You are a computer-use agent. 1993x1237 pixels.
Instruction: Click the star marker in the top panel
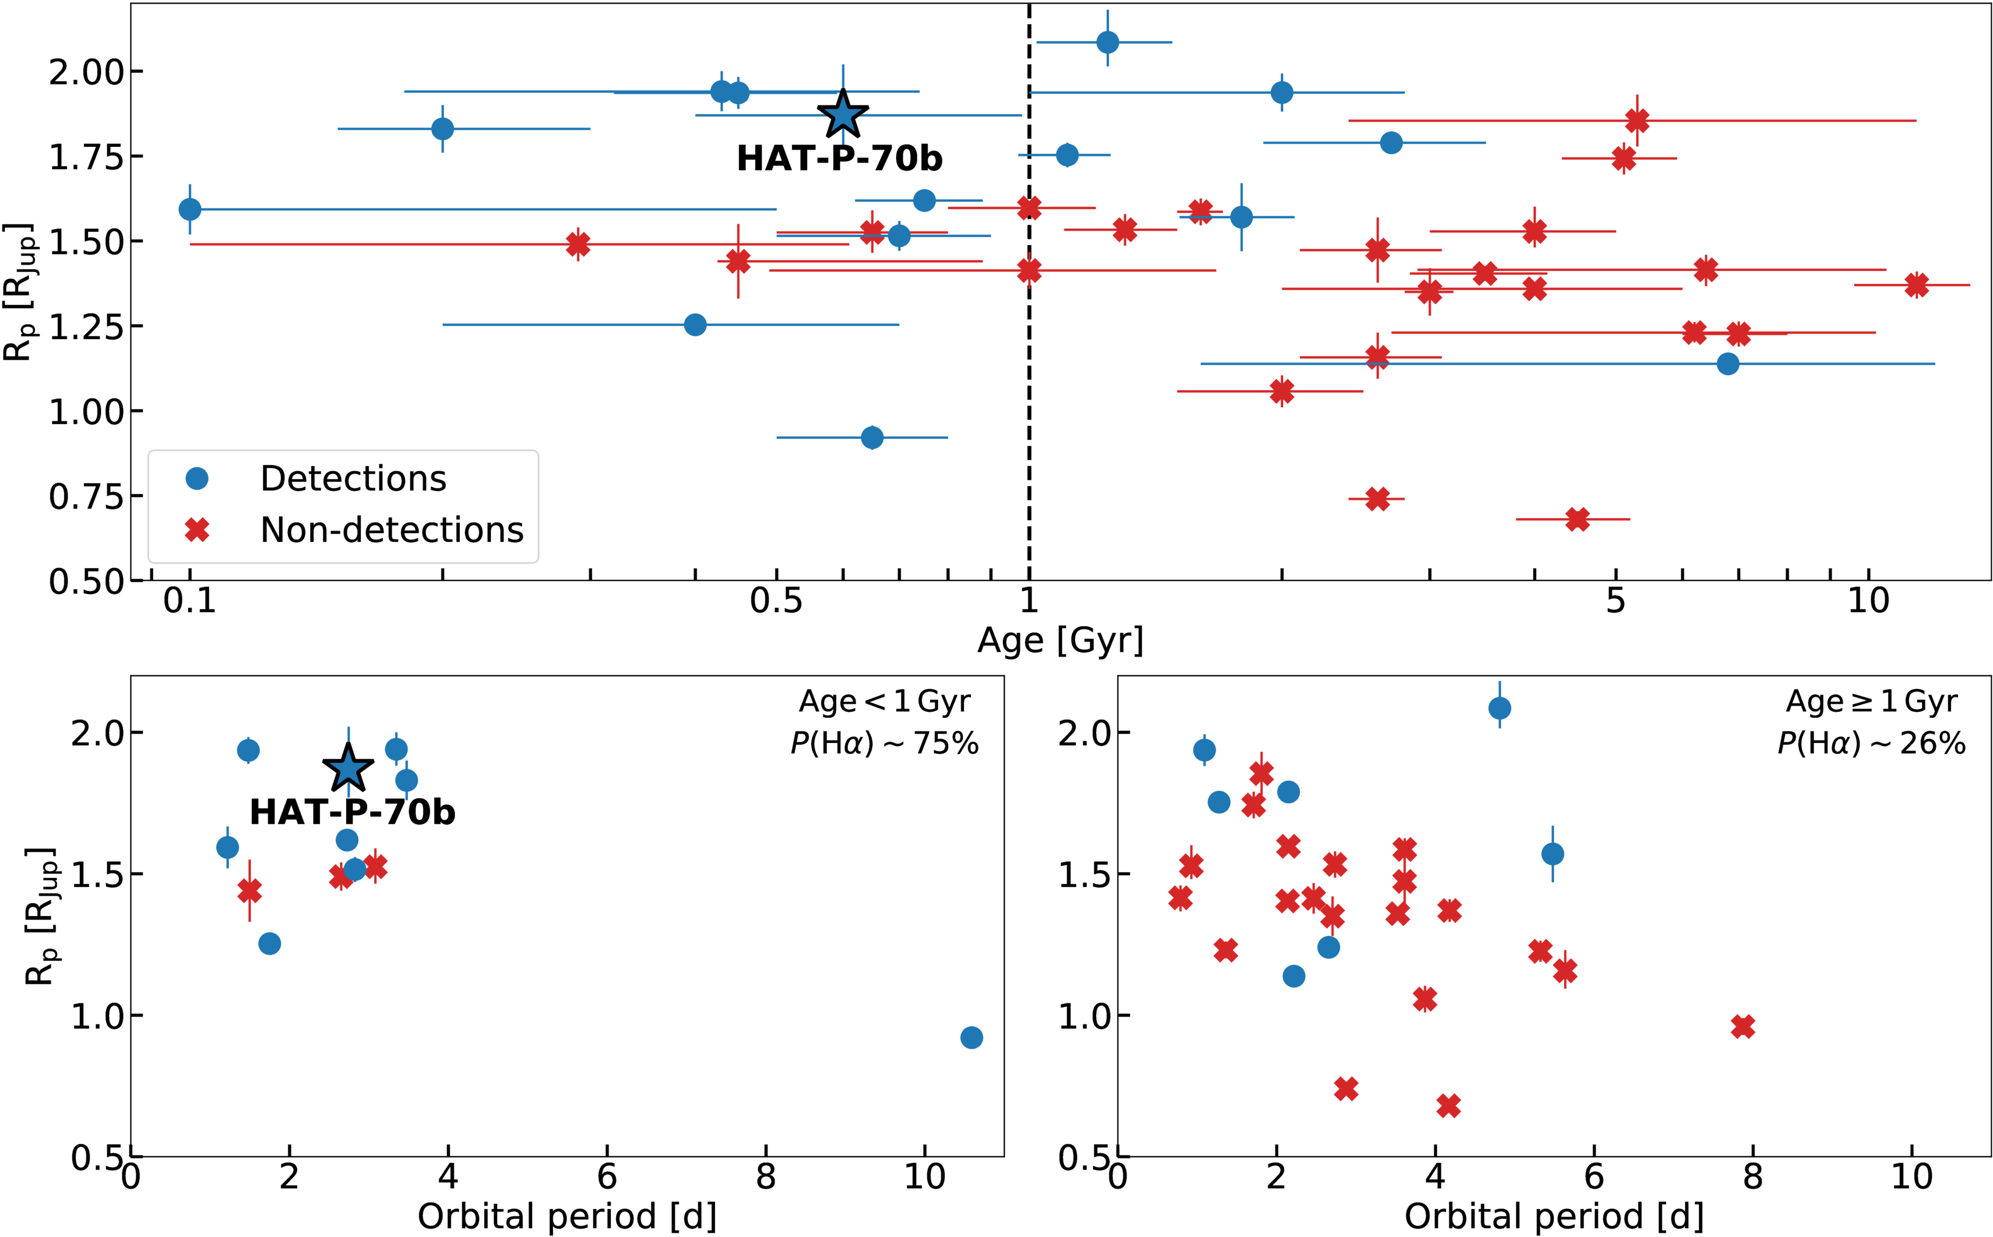(x=843, y=115)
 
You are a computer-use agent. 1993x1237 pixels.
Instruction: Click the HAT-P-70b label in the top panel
(x=839, y=158)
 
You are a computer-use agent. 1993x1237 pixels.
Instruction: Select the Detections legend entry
(x=353, y=478)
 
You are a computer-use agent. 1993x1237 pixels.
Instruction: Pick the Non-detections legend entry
(x=391, y=530)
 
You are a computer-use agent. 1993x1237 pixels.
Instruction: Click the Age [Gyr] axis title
(x=1061, y=640)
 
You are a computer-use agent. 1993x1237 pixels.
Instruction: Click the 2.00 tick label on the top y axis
(x=85, y=73)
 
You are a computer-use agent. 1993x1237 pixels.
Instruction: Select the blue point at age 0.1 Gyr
(x=190, y=209)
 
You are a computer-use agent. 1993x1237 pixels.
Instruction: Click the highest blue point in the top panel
(x=1107, y=42)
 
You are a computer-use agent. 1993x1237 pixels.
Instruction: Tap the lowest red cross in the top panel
(x=1578, y=519)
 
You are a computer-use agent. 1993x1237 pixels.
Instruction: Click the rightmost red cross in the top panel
(x=1916, y=285)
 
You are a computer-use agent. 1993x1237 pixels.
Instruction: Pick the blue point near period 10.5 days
(x=971, y=1037)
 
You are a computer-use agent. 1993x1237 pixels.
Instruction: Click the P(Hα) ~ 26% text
(x=1872, y=743)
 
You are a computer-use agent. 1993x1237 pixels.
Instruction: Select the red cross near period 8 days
(x=1742, y=1027)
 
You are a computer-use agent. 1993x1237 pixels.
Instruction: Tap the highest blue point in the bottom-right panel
(x=1499, y=708)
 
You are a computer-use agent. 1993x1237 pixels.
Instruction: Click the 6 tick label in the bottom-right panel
(x=1594, y=1178)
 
